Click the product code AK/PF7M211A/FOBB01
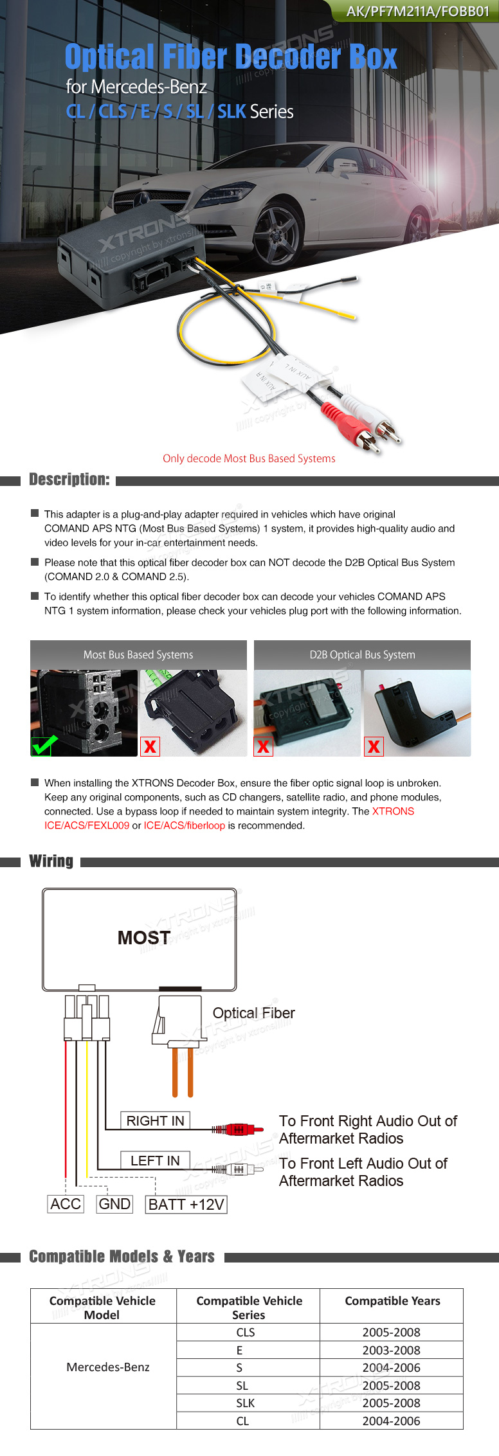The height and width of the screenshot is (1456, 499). click(417, 11)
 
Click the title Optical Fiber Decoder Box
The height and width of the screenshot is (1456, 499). click(231, 57)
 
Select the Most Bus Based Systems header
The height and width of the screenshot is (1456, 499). click(138, 654)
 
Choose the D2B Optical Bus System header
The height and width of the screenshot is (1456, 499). click(362, 654)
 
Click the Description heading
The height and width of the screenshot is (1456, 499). click(69, 480)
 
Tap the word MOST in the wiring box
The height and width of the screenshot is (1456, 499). click(144, 938)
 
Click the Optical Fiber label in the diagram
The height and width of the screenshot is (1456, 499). click(253, 1013)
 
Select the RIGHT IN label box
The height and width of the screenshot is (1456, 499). click(155, 1120)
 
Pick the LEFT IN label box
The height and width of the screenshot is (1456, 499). click(155, 1160)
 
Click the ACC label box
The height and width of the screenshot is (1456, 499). click(66, 1204)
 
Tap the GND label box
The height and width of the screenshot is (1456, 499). click(114, 1204)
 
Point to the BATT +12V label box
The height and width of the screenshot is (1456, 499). click(186, 1205)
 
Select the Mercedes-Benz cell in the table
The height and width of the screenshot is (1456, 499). click(108, 1367)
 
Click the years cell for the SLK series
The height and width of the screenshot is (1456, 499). click(391, 1403)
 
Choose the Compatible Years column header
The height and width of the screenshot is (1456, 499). click(392, 1300)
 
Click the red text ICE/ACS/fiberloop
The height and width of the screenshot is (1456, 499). click(185, 825)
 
